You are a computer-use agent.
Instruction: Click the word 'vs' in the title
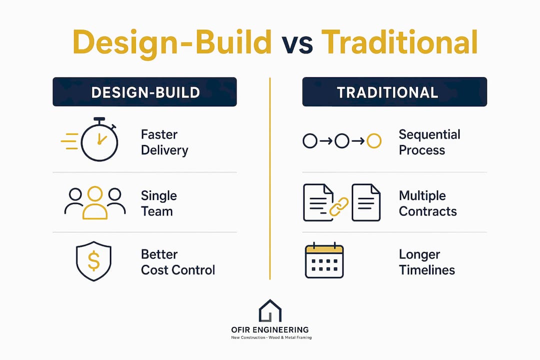(297, 44)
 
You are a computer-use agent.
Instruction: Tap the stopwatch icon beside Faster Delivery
(99, 139)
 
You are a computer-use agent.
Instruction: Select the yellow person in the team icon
(94, 203)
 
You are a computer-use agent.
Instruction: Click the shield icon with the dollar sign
(93, 261)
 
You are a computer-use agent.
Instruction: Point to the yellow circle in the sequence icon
(374, 141)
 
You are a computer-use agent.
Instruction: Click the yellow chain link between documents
(339, 206)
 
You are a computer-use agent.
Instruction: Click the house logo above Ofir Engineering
(270, 310)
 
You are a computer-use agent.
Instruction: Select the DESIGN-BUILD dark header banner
(144, 91)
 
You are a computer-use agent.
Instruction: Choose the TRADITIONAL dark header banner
(394, 91)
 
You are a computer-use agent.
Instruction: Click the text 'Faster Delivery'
(164, 142)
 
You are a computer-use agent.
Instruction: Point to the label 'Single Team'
(159, 203)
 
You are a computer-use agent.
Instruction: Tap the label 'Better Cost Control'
(178, 262)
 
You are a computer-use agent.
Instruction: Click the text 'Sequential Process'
(429, 142)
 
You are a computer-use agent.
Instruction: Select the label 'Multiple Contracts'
(427, 203)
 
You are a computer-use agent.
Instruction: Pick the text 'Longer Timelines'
(426, 262)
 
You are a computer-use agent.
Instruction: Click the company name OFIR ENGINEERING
(270, 329)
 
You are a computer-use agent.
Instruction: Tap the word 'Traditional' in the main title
(399, 42)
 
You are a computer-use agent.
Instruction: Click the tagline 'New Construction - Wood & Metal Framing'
(271, 337)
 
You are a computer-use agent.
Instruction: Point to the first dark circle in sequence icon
(310, 141)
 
